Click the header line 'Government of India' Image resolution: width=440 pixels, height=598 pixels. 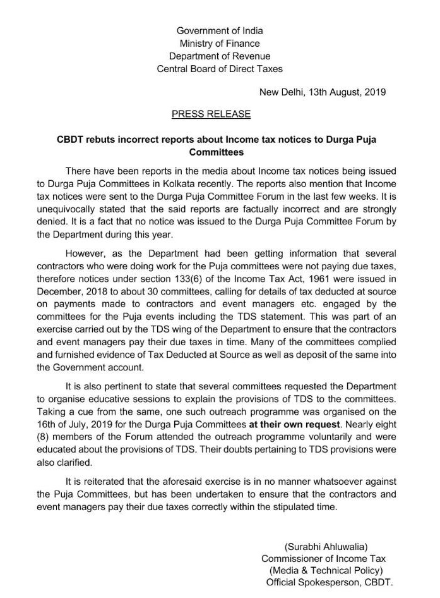tap(220, 30)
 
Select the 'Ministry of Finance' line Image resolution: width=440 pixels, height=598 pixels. tap(220, 43)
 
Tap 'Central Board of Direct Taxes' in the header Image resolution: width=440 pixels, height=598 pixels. tap(220, 68)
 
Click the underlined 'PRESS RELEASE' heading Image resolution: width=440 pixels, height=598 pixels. tap(211, 114)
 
